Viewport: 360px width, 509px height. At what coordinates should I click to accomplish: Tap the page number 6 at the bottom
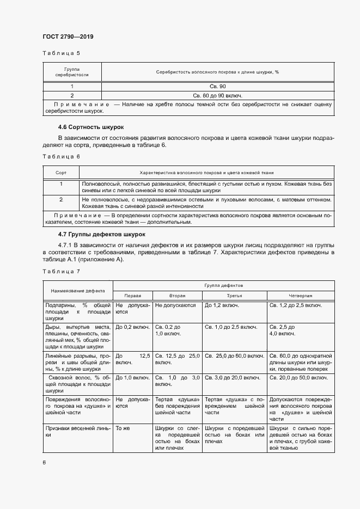(x=44, y=462)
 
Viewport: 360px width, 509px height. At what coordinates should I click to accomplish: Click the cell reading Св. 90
(x=217, y=87)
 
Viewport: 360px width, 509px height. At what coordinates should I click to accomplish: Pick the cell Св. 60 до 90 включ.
(x=217, y=95)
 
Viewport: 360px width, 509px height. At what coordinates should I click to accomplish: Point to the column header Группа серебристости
(x=72, y=72)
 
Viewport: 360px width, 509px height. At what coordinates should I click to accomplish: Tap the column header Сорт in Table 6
(x=61, y=172)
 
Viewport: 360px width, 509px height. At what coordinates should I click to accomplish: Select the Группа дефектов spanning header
(x=223, y=285)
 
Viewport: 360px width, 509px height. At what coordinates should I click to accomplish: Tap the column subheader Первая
(x=132, y=295)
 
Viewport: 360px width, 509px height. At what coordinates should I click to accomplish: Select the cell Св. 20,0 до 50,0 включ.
(x=298, y=377)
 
